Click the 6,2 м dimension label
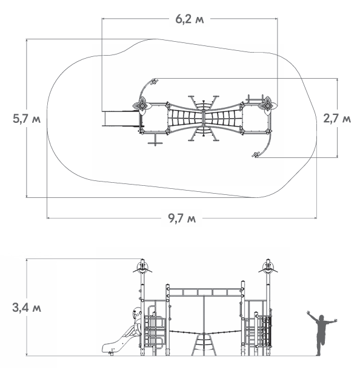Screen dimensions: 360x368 190,19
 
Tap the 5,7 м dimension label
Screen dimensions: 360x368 27,119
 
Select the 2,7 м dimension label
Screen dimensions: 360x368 337,119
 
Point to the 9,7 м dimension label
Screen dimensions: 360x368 182,218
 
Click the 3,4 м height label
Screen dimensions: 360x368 27,307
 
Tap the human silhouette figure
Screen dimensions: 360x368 321,333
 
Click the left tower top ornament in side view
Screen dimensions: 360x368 142,267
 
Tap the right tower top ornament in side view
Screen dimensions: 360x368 268,267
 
